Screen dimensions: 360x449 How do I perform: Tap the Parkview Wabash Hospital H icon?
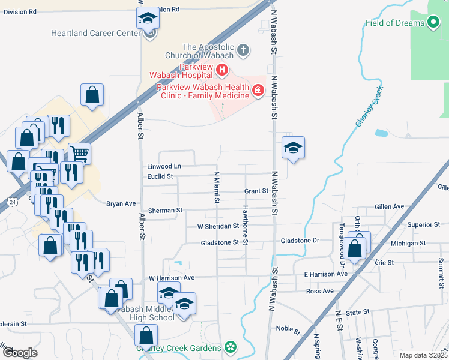click(x=222, y=71)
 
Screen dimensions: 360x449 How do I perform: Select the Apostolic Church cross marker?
click(x=243, y=50)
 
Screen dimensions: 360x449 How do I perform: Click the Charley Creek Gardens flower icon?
click(x=230, y=347)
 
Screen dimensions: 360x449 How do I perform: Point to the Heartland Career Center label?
click(x=96, y=33)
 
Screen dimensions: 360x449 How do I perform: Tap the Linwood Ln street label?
click(x=164, y=166)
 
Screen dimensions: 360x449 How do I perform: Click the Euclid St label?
click(x=160, y=176)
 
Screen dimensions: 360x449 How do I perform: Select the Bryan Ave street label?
click(x=121, y=203)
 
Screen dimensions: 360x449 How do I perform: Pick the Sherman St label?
click(x=165, y=211)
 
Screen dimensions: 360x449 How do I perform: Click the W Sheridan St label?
click(x=218, y=226)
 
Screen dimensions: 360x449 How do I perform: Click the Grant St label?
click(x=256, y=191)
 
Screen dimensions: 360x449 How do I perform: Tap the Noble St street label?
click(x=288, y=328)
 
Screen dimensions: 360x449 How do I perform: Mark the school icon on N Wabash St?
click(x=293, y=148)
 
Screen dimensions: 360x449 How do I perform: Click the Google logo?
click(x=20, y=353)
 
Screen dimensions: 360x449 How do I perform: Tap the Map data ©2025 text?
click(x=423, y=355)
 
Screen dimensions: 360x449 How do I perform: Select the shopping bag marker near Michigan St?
click(x=355, y=247)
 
